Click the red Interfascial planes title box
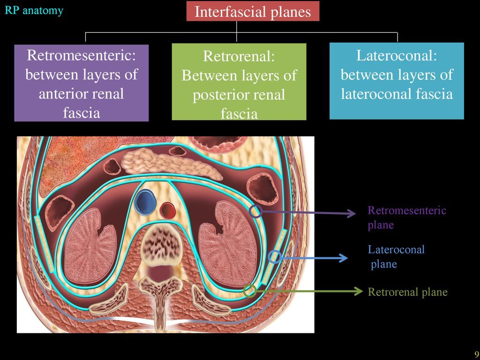(x=253, y=11)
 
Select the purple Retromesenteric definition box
(x=82, y=83)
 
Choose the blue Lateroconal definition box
(x=397, y=81)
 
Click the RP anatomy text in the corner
(x=34, y=10)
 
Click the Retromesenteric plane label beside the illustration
(x=406, y=217)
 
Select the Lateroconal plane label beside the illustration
(x=396, y=256)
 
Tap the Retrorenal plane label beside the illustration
(x=407, y=292)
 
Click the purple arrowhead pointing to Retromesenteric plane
(x=351, y=214)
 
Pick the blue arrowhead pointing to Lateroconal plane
(x=343, y=258)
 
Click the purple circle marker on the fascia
(x=256, y=211)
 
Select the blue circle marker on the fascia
(x=275, y=256)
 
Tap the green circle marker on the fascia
(x=250, y=291)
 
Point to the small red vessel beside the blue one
(x=167, y=210)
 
